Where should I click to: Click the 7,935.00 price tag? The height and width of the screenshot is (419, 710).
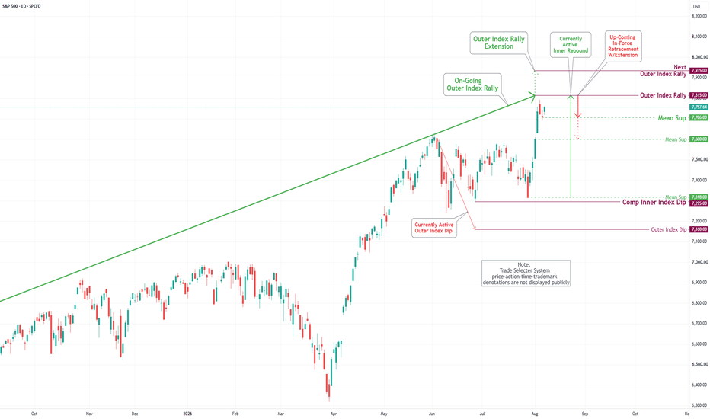(699, 70)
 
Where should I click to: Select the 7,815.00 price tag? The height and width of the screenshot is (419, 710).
(699, 95)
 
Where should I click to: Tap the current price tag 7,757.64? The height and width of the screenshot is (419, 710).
(699, 107)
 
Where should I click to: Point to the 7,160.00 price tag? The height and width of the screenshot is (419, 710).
(699, 229)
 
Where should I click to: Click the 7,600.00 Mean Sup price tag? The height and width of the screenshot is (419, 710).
(699, 139)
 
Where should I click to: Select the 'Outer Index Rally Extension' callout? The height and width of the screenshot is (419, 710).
(499, 43)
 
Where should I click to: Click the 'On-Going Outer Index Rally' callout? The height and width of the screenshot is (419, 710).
(472, 85)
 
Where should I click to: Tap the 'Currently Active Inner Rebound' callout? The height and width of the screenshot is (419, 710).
(571, 45)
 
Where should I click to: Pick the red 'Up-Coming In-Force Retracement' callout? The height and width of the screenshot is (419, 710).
(623, 46)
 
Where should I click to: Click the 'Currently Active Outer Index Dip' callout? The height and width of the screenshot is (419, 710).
(433, 228)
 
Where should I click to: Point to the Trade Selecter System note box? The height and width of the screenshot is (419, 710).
(526, 273)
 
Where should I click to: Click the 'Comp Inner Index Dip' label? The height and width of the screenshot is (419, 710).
(654, 203)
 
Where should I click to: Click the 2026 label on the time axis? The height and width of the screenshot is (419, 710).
(187, 414)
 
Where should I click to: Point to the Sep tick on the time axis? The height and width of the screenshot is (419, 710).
(585, 414)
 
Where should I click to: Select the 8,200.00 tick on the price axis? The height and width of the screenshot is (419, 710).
(699, 16)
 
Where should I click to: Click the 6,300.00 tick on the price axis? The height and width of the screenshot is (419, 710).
(699, 405)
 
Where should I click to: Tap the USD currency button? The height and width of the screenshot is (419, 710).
(696, 6)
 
